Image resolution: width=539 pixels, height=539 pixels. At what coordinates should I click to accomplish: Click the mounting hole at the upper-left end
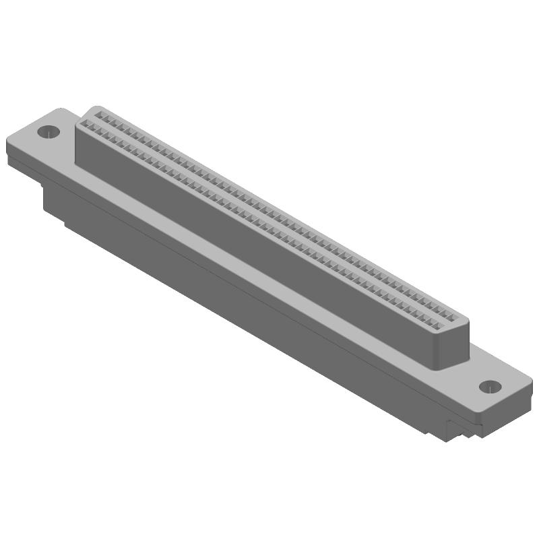(49, 131)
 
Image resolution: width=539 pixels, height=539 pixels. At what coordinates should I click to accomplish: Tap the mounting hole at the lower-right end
(489, 387)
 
